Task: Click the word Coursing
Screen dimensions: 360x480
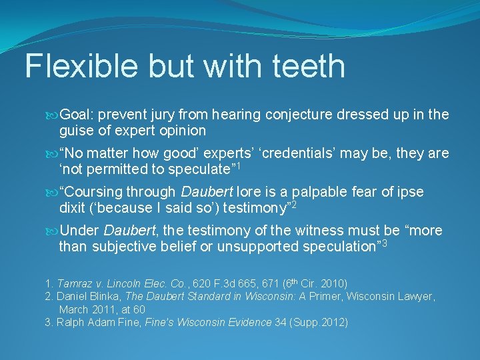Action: click(x=92, y=193)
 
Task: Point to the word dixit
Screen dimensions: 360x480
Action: click(x=72, y=208)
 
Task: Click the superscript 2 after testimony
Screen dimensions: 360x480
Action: click(x=293, y=204)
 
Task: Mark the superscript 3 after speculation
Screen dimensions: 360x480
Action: click(x=384, y=243)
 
